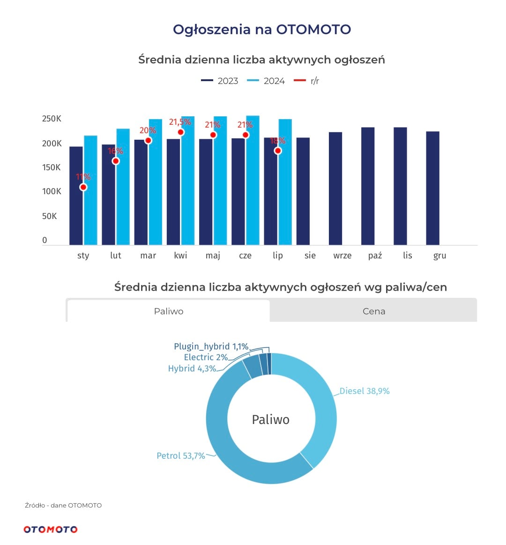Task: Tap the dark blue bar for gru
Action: coord(432,188)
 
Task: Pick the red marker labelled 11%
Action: coord(83,187)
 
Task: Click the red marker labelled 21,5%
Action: coord(181,132)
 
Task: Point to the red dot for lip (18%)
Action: coord(278,151)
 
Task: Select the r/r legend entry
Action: coord(307,81)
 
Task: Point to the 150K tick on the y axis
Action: coord(52,167)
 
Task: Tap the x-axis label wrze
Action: coord(342,256)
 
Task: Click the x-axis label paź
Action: coord(375,256)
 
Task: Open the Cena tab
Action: coord(374,311)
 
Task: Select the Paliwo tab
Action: coord(169,311)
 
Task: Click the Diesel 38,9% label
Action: coord(365,391)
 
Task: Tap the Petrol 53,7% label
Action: coord(181,456)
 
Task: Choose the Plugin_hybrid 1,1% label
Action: coord(211,347)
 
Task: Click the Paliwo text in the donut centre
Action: coord(271,419)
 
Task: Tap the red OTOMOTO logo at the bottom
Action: coord(51,529)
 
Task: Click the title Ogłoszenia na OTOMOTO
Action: coord(262,30)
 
